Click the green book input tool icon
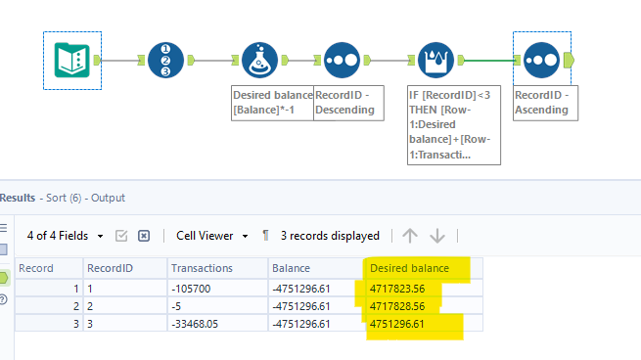point(71,61)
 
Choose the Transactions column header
point(202,268)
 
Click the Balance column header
point(292,268)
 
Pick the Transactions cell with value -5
point(176,307)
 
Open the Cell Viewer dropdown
point(210,236)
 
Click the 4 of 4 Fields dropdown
point(65,236)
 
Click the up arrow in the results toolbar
point(410,236)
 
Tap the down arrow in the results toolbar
point(437,236)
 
